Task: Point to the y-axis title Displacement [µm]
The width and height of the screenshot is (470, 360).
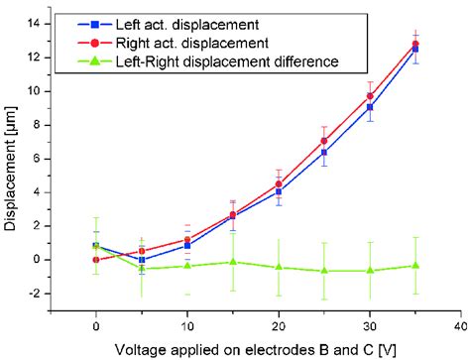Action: pyautogui.click(x=12, y=168)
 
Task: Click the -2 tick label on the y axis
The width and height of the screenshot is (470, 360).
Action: pyautogui.click(x=45, y=294)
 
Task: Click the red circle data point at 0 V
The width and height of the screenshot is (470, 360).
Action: pyautogui.click(x=96, y=260)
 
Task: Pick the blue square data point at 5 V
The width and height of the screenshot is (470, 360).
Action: pyautogui.click(x=142, y=260)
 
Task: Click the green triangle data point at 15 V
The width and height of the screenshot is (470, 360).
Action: pyautogui.click(x=233, y=262)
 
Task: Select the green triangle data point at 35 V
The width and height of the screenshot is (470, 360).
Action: pyautogui.click(x=415, y=265)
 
